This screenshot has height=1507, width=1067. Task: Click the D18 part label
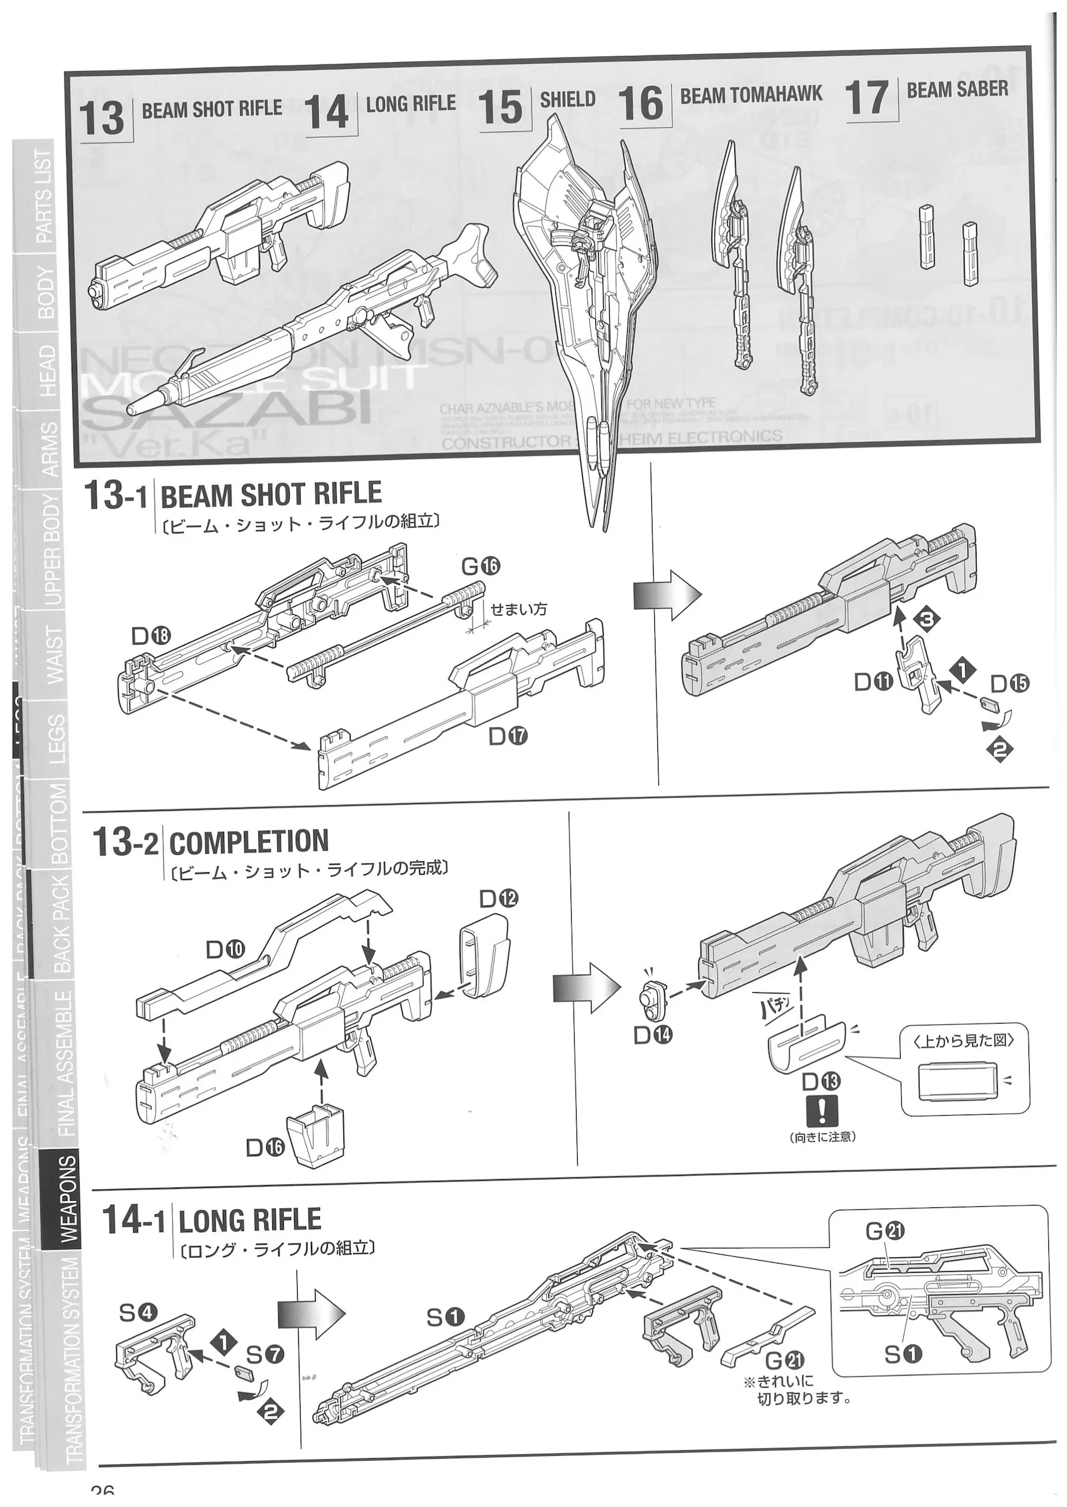pos(151,635)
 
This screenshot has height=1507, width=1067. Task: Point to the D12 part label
pos(498,898)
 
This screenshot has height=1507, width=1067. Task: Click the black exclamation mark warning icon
pos(822,1111)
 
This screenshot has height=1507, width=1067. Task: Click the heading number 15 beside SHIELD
pos(501,109)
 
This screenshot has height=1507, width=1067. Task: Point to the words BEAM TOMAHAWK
pos(750,95)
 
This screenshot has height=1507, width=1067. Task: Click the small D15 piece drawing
pos(988,705)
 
